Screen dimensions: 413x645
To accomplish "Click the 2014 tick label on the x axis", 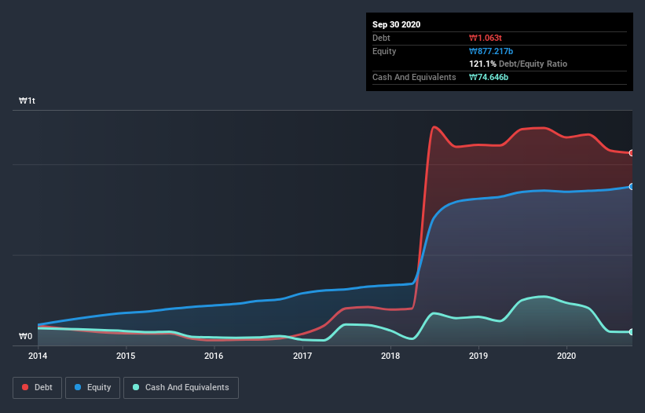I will tap(38, 356).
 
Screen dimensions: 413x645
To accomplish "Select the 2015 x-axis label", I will tap(126, 356).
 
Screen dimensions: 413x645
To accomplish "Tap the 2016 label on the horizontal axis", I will tap(214, 356).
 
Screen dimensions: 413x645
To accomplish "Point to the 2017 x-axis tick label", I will tap(302, 356).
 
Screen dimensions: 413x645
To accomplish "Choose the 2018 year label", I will tap(390, 356).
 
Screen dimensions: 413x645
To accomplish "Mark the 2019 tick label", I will tap(478, 356).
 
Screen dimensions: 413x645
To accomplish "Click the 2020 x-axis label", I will tap(566, 356).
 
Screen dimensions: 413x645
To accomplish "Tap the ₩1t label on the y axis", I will tap(27, 101).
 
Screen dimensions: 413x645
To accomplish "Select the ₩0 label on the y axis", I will tap(26, 337).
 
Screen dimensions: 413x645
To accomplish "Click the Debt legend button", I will tap(37, 387).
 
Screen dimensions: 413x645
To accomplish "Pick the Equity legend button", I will tap(93, 387).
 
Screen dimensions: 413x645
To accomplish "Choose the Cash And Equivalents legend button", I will tap(181, 387).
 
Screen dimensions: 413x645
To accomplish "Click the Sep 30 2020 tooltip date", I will tap(397, 24).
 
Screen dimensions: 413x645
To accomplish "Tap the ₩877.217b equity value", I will tap(491, 51).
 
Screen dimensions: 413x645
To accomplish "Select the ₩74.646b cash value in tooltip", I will tap(489, 77).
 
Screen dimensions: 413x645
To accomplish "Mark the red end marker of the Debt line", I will tap(631, 153).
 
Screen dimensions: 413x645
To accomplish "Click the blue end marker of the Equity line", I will tap(631, 187).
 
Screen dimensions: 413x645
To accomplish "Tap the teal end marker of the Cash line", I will tap(631, 332).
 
